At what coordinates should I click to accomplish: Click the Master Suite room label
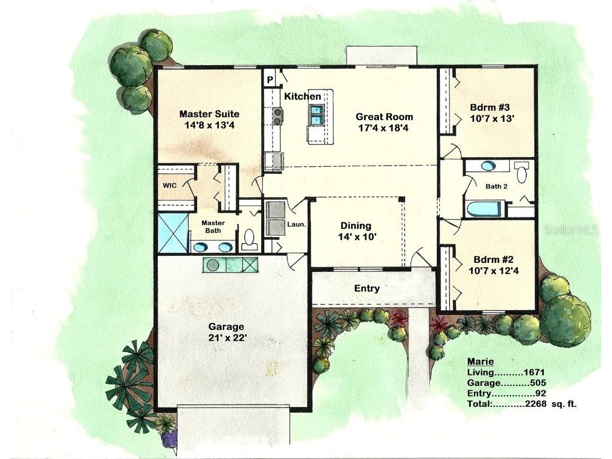pos(209,114)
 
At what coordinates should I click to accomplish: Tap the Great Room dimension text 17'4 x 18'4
pos(384,128)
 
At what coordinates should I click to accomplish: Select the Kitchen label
pos(302,96)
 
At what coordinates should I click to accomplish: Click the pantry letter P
pos(270,78)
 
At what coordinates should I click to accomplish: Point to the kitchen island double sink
pos(316,115)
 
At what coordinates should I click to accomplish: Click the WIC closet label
pos(170,185)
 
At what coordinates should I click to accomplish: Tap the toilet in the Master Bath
pos(250,240)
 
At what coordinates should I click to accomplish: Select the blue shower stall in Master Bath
pos(173,233)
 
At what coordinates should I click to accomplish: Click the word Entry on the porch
pos(367,288)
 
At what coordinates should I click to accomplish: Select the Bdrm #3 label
pos(489,108)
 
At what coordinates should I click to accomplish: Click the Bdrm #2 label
pos(493,260)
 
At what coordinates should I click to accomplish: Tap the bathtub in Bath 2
pos(484,209)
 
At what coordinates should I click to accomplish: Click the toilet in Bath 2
pos(522,173)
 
